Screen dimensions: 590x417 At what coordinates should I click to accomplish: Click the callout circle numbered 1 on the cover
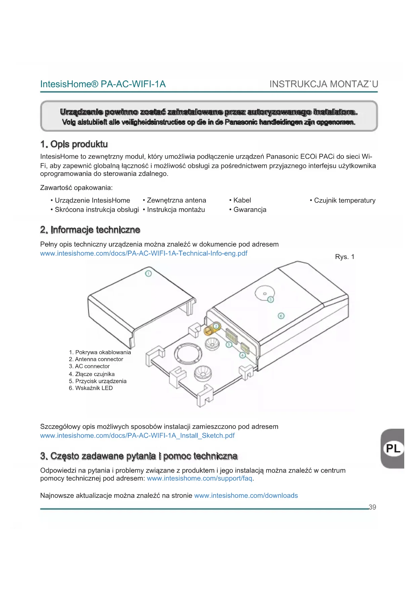click(148, 273)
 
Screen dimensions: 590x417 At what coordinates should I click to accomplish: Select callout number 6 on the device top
click(281, 316)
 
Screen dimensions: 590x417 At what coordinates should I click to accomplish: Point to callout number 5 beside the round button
click(270, 299)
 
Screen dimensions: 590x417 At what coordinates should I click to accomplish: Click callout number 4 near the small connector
click(243, 355)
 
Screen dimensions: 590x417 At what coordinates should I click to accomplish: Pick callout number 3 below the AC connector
click(229, 345)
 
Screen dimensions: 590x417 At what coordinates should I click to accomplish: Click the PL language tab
click(393, 448)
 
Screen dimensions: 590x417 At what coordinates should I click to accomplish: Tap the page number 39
click(372, 507)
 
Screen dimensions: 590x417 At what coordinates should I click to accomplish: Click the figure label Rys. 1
click(345, 257)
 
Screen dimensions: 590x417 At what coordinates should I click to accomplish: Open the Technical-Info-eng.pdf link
click(143, 253)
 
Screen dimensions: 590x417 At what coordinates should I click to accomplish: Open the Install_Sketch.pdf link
click(137, 436)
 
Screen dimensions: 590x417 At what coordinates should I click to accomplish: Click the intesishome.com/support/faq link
click(200, 478)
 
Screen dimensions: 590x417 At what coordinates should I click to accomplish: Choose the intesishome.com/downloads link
click(246, 495)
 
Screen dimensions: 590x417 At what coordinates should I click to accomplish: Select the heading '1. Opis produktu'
click(74, 144)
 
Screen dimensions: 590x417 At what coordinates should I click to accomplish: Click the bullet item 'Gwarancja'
click(250, 210)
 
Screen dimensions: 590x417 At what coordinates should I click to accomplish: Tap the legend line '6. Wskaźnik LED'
click(91, 388)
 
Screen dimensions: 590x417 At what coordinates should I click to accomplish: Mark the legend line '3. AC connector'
click(89, 366)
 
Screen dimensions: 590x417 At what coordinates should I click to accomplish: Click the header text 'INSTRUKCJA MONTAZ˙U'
click(324, 84)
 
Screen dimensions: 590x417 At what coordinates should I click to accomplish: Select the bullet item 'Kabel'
click(242, 200)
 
